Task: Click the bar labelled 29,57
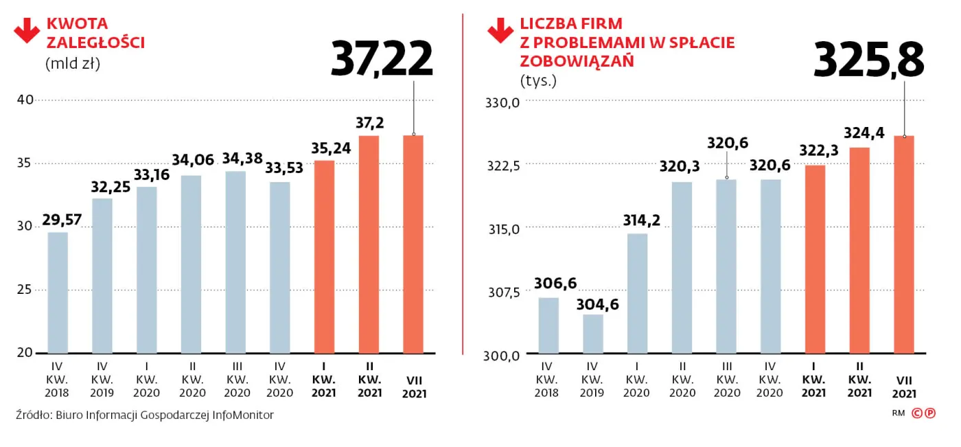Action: (58, 293)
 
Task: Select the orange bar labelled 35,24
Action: (324, 257)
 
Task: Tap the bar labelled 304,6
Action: (593, 334)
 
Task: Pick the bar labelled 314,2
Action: (638, 294)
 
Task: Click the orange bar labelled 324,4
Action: (859, 251)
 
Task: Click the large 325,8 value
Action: (868, 60)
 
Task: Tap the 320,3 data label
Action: (682, 167)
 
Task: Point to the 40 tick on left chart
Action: (25, 100)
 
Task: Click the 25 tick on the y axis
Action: (25, 290)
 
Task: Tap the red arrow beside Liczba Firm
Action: (500, 31)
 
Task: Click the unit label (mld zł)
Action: (73, 64)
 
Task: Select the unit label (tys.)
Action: (539, 80)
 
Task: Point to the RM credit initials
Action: (899, 413)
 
